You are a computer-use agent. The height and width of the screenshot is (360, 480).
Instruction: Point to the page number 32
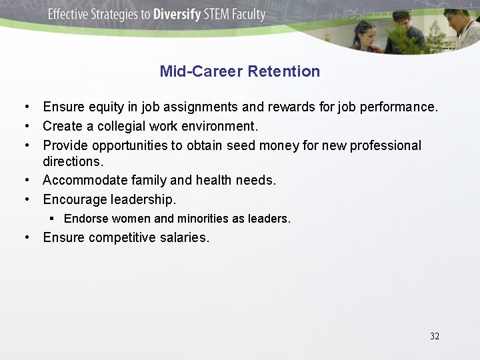pyautogui.click(x=435, y=336)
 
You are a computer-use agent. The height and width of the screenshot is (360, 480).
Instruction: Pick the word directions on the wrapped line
pyautogui.click(x=73, y=161)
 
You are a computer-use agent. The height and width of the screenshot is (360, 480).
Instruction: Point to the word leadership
pyautogui.click(x=143, y=199)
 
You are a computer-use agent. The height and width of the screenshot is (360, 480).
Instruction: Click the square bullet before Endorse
pyautogui.click(x=52, y=218)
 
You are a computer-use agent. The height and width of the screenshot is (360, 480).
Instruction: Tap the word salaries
pyautogui.click(x=183, y=237)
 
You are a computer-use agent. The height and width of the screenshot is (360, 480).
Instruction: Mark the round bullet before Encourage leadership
pyautogui.click(x=25, y=199)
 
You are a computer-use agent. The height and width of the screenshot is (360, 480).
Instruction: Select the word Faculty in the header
pyautogui.click(x=247, y=15)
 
